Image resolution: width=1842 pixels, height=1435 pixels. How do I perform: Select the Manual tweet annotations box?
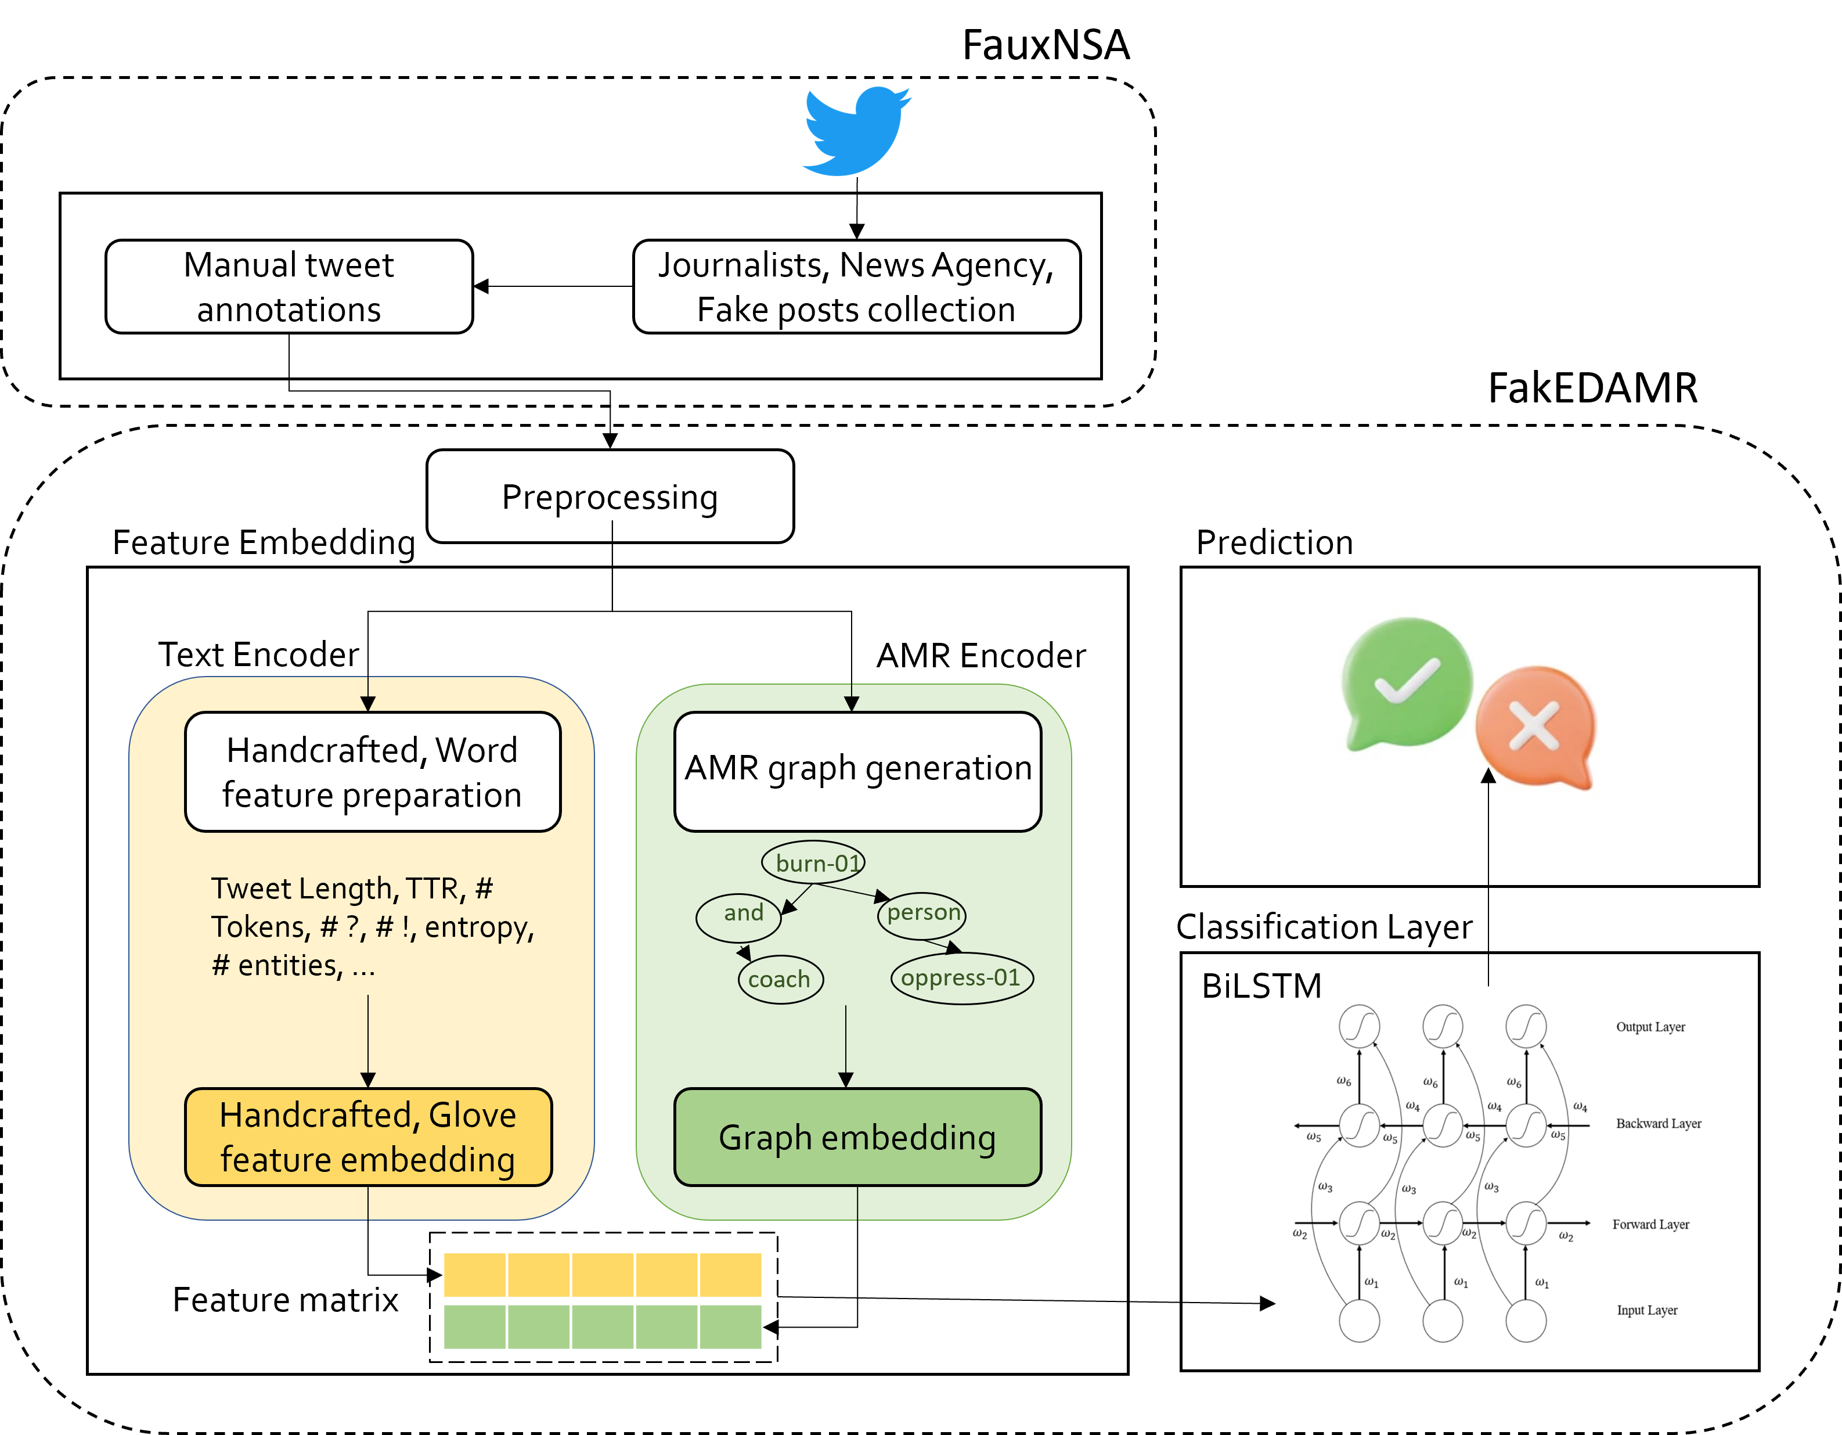pos(289,287)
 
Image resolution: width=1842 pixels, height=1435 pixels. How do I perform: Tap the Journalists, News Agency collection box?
pos(856,287)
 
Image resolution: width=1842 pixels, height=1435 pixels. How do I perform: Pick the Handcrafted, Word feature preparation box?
pos(372,772)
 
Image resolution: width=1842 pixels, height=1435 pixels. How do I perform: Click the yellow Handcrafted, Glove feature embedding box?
pos(367,1137)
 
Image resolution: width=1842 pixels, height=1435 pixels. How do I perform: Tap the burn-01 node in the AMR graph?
pos(814,863)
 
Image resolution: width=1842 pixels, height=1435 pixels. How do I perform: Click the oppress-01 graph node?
pos(961,978)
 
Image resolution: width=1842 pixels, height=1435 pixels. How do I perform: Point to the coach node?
pos(779,980)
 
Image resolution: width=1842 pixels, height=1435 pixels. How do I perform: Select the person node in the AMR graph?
pos(922,913)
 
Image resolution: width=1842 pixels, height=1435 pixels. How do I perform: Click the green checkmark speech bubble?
pos(1405,684)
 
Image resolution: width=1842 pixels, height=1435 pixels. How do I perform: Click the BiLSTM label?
pos(1261,986)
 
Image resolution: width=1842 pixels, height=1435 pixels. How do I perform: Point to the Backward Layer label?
pos(1658,1124)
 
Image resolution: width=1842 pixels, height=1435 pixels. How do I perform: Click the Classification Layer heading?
pos(1324,926)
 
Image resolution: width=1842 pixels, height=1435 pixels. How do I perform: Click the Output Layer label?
pos(1650,1027)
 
